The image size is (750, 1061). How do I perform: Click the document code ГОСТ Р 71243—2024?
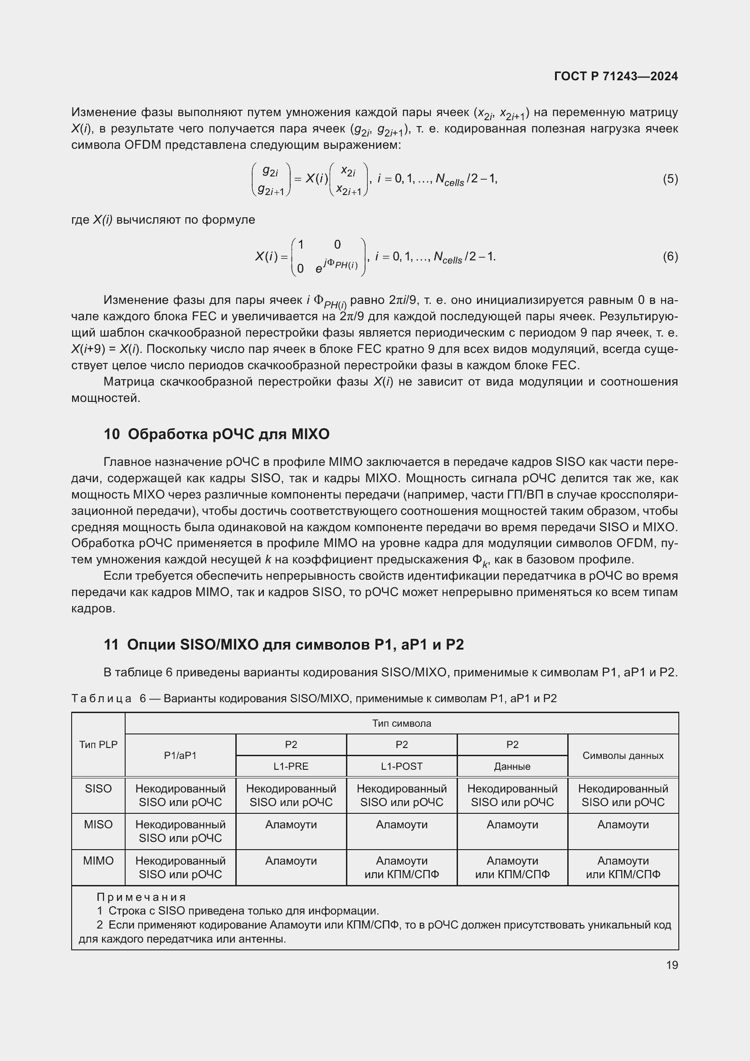tap(616, 76)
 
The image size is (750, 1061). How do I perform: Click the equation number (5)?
tap(670, 179)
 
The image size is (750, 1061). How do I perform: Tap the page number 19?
tap(672, 965)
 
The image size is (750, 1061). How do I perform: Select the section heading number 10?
tap(112, 435)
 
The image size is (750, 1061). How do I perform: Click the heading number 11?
tap(111, 645)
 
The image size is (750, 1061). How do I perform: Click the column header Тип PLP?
tap(98, 744)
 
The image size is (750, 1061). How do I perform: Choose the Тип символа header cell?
tap(401, 723)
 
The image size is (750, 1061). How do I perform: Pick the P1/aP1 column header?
tap(180, 755)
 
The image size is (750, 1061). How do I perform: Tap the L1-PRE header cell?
tap(291, 766)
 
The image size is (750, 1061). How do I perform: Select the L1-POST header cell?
tap(401, 766)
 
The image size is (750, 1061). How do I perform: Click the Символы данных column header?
tap(623, 755)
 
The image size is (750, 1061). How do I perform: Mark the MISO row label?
tap(98, 824)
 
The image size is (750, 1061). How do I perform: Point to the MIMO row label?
tap(98, 861)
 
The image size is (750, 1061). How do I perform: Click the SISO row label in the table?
tap(98, 788)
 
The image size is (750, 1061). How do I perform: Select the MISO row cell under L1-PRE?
tap(291, 825)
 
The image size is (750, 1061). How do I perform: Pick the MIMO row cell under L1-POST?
tap(401, 867)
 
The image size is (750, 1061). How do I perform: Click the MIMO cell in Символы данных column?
tap(623, 867)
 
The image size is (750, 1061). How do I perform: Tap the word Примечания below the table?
tap(141, 897)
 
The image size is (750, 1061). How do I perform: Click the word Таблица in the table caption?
tap(102, 698)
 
